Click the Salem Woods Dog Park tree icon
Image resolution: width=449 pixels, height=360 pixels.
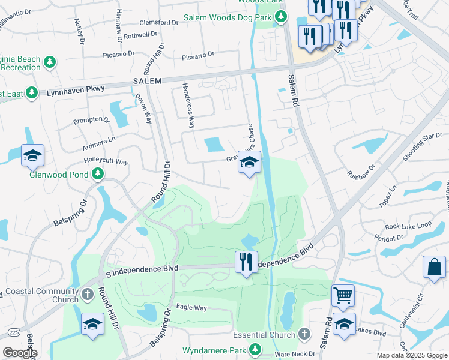tap(280, 19)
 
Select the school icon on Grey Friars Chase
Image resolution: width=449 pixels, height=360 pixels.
tap(249, 162)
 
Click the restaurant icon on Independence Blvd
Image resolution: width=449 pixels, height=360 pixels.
tap(246, 262)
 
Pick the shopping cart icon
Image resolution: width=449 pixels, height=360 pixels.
tap(343, 295)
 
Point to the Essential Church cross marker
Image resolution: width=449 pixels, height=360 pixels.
tap(304, 334)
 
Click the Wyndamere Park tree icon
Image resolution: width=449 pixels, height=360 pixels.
tap(256, 349)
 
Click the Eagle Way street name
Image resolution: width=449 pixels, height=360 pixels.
tap(191, 308)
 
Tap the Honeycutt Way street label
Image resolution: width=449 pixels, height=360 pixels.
tap(106, 162)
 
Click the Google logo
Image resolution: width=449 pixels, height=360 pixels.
tap(20, 353)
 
